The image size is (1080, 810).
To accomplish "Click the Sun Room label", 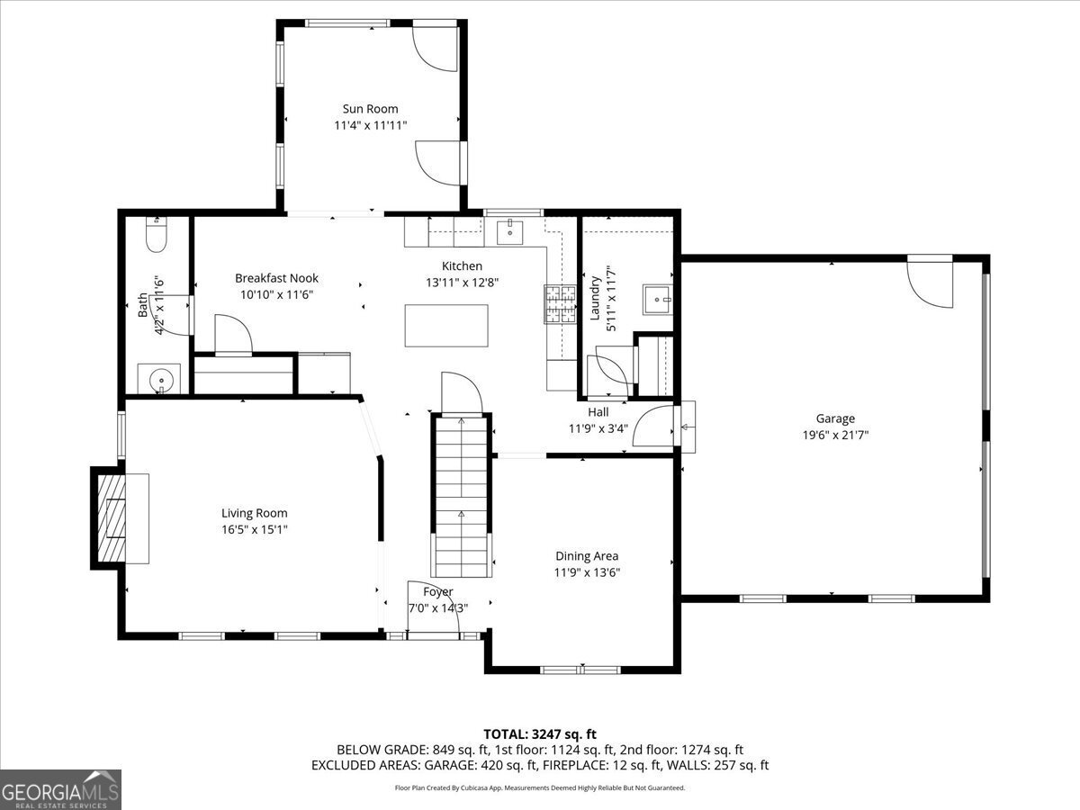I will tap(370, 109).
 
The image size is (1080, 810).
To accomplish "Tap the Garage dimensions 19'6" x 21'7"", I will tap(835, 435).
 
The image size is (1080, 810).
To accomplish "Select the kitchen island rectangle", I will tap(446, 325).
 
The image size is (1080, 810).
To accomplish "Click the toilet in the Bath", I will tap(156, 237).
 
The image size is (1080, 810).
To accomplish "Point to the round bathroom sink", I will tap(159, 379).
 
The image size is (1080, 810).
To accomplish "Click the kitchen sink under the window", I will tap(511, 231).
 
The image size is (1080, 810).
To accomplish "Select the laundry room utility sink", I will tap(658, 299).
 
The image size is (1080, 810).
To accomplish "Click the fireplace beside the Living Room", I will tap(112, 517).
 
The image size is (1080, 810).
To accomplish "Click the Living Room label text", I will tap(255, 513).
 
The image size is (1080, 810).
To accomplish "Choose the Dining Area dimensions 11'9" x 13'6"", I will tap(587, 572).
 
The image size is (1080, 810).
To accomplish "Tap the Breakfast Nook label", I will tap(276, 278).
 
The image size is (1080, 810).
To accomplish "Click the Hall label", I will tap(598, 412).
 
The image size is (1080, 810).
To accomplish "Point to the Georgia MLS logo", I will tap(60, 789).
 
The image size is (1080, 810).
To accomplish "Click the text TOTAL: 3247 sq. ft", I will tap(540, 733).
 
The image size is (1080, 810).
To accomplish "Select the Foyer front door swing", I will tap(425, 598).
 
